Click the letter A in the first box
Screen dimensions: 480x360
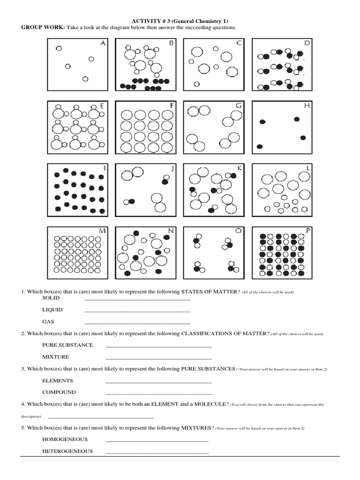click(x=103, y=43)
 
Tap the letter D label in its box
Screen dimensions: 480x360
click(x=307, y=43)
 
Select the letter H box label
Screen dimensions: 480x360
click(x=307, y=105)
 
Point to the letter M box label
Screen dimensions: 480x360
click(x=102, y=230)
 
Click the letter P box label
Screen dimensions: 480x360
click(x=307, y=230)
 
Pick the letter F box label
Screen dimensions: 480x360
click(x=172, y=105)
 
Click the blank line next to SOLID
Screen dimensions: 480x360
click(x=137, y=299)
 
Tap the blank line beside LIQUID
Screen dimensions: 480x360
click(x=137, y=311)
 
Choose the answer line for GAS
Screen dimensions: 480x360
click(x=137, y=323)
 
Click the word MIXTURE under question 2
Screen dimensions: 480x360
click(x=55, y=357)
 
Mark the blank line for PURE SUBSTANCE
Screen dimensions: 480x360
click(x=158, y=347)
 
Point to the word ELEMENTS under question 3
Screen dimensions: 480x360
click(x=57, y=381)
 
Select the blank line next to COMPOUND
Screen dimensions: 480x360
click(x=158, y=394)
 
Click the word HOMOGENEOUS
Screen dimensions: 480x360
click(x=65, y=439)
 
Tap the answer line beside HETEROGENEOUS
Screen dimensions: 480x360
click(x=157, y=453)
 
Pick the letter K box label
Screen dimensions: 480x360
click(x=240, y=168)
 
